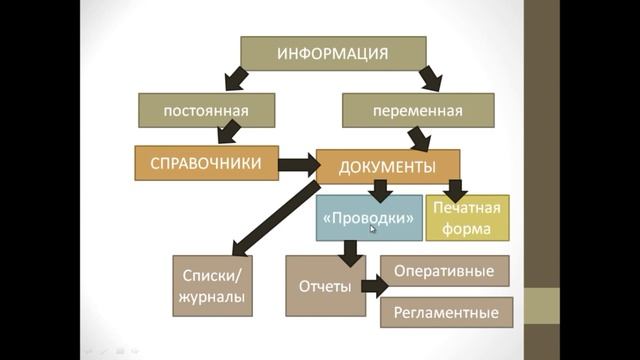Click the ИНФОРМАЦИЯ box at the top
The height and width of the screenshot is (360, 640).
click(333, 53)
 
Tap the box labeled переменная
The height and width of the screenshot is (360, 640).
click(417, 111)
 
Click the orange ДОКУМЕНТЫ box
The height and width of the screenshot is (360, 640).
click(388, 166)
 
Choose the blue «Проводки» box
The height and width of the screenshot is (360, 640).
click(369, 218)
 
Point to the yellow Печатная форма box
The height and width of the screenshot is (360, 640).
click(467, 218)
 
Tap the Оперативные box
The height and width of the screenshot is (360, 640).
click(445, 271)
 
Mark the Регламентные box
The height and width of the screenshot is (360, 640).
click(445, 312)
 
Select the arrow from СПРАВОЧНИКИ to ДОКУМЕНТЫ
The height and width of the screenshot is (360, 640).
click(296, 164)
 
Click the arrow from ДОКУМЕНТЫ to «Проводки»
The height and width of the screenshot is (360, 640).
click(380, 191)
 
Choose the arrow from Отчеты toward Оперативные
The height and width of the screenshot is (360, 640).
click(371, 287)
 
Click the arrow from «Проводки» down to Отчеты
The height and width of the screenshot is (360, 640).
click(349, 251)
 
